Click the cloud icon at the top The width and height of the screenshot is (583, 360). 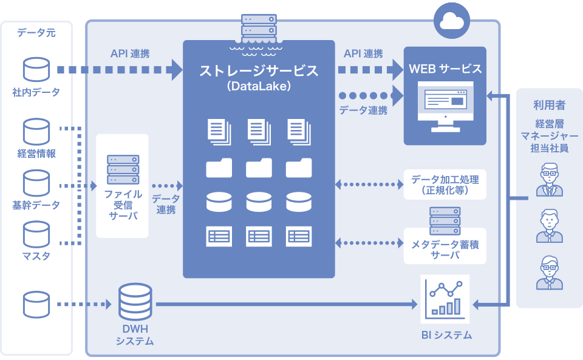pos(451,22)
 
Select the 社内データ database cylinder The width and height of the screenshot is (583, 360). pos(36,70)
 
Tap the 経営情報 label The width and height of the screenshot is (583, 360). pos(36,154)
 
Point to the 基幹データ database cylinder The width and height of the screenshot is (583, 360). pos(36,182)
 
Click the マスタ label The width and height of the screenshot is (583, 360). pos(36,256)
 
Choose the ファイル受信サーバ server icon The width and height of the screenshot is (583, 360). pos(122,169)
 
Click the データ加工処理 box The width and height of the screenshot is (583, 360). pos(445,185)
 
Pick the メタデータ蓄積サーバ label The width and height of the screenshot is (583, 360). pos(445,250)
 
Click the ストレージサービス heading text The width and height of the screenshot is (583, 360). pos(259,70)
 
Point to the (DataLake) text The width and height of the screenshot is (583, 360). pos(259,87)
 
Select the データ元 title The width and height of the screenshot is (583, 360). pos(36,33)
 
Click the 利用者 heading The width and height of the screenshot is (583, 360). pos(549,105)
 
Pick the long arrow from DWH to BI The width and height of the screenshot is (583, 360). pos(285,303)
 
